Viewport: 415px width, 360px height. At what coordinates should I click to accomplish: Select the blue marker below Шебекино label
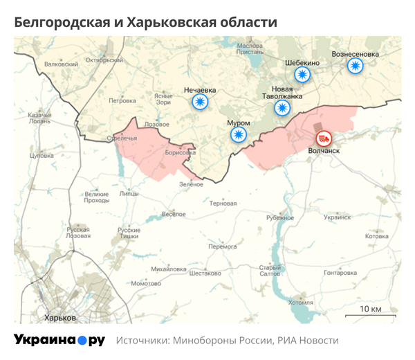point(302,75)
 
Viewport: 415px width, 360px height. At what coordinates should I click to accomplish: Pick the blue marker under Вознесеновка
point(355,66)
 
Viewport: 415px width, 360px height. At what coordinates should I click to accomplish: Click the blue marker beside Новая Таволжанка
point(282,108)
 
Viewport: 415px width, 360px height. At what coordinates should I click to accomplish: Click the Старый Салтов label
point(270,271)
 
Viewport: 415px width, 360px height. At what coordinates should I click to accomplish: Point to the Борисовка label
point(181,152)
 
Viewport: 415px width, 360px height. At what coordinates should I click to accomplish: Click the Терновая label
point(223,204)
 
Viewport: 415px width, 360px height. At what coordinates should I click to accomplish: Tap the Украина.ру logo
point(59,340)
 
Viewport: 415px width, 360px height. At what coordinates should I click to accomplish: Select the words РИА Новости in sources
point(308,341)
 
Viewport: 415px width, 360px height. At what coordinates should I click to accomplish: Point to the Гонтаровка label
point(340,273)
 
